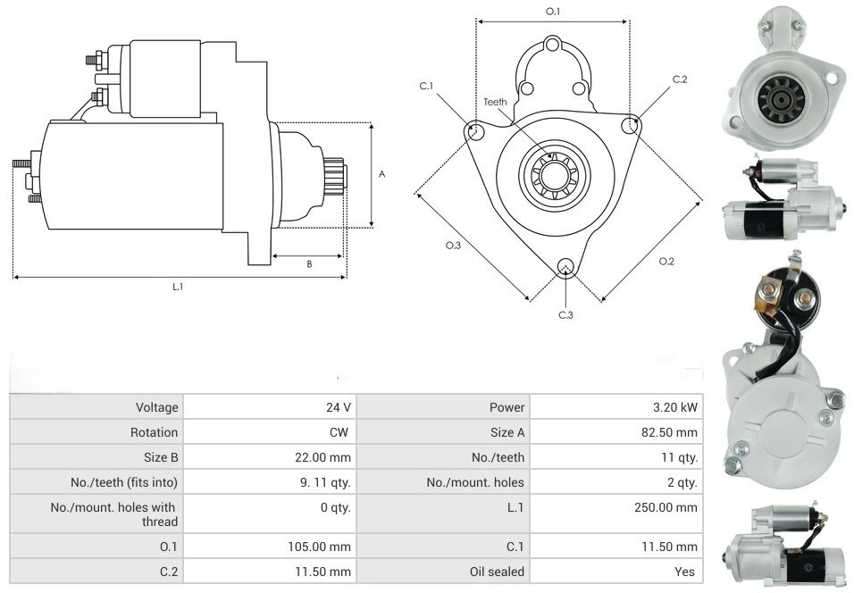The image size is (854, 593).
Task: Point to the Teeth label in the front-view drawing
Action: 495,102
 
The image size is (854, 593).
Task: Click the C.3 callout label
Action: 565,314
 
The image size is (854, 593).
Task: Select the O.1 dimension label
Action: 553,12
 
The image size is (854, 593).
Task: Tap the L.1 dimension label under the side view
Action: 178,287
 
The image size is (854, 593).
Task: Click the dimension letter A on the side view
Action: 381,174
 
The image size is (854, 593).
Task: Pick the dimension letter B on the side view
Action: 309,263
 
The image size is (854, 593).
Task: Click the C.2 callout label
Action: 680,79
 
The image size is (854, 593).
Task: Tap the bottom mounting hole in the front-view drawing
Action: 565,267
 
